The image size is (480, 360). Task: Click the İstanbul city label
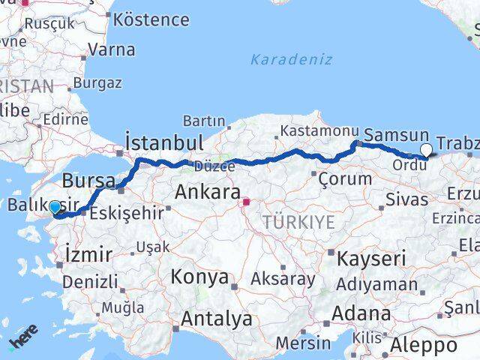tap(163, 142)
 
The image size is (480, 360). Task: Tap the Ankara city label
tap(207, 192)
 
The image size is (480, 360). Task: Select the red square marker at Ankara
tap(246, 201)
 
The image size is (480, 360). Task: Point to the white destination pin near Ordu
tap(426, 150)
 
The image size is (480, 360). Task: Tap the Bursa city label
tap(88, 181)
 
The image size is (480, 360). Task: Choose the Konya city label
tap(199, 277)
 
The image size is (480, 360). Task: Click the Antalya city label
tap(216, 319)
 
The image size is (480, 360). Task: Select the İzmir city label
tap(88, 254)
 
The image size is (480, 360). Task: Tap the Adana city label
tap(363, 313)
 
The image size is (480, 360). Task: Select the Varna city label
tap(112, 50)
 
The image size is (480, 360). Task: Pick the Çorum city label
tap(345, 179)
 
